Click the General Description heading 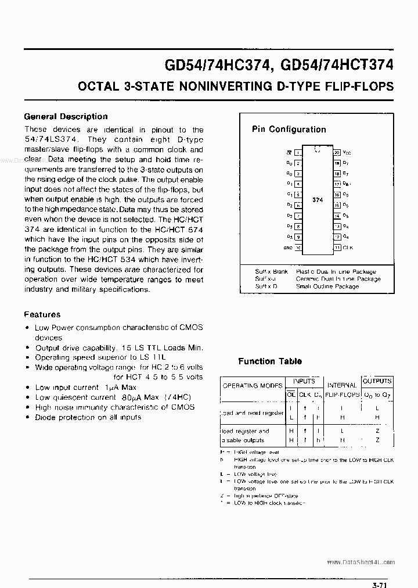(66, 116)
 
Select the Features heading (42, 314)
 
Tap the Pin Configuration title (289, 130)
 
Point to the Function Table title (270, 361)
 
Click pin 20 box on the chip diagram (336, 152)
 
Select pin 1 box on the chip (297, 153)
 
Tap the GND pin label (289, 248)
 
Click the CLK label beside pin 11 (347, 248)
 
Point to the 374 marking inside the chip (317, 200)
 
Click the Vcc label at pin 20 (347, 152)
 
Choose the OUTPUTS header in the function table (377, 381)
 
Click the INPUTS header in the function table (304, 381)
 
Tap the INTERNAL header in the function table (342, 385)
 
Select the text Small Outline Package (327, 286)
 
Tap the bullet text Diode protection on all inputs (88, 417)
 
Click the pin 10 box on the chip (298, 248)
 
